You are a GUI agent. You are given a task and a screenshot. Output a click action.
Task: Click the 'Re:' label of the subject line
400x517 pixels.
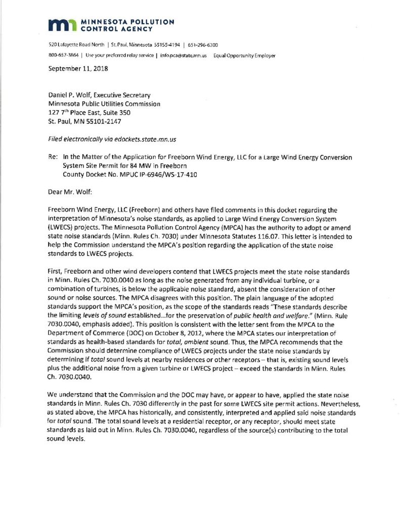(x=53, y=158)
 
